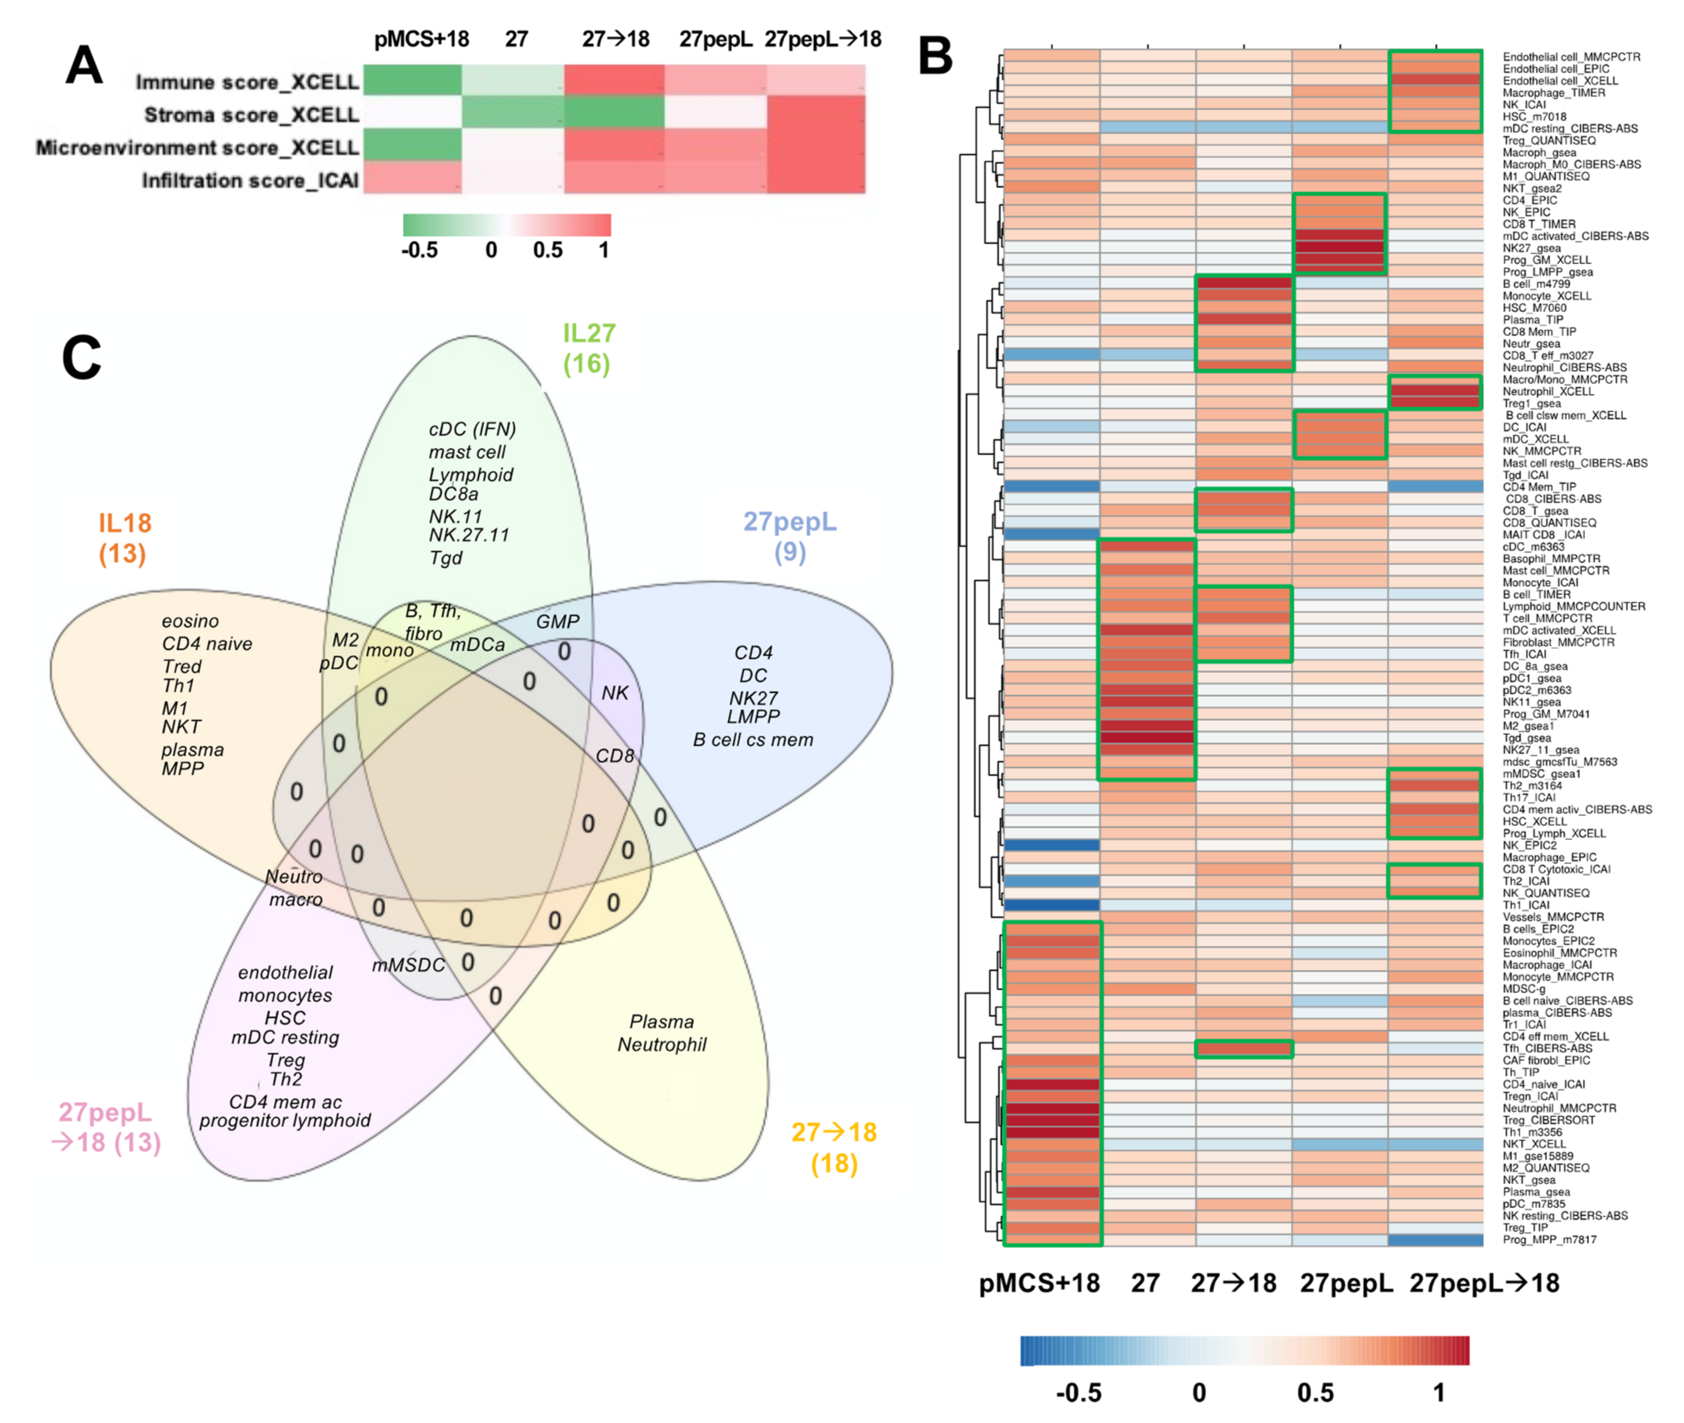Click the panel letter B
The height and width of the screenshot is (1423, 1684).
tap(935, 57)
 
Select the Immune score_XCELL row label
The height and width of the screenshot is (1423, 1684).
tap(247, 82)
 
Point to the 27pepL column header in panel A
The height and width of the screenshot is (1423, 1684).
tap(715, 39)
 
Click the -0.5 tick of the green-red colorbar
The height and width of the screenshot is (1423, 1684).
tap(419, 250)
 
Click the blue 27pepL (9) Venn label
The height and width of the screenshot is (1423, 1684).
tap(789, 537)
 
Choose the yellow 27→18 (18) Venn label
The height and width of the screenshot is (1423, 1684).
tap(834, 1147)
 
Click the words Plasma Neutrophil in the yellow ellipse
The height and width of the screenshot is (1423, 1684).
tap(661, 1033)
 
